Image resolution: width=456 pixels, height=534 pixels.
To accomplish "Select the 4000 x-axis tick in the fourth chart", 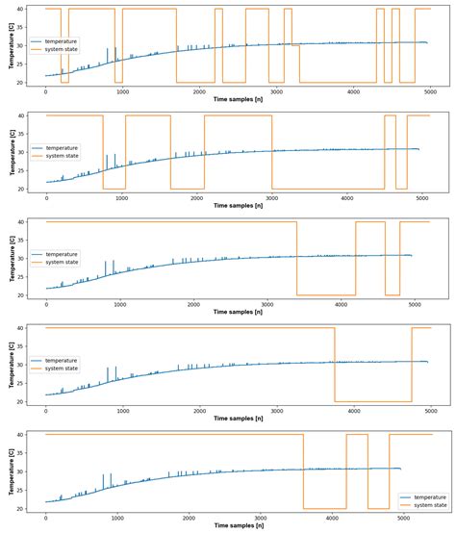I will (353, 409).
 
